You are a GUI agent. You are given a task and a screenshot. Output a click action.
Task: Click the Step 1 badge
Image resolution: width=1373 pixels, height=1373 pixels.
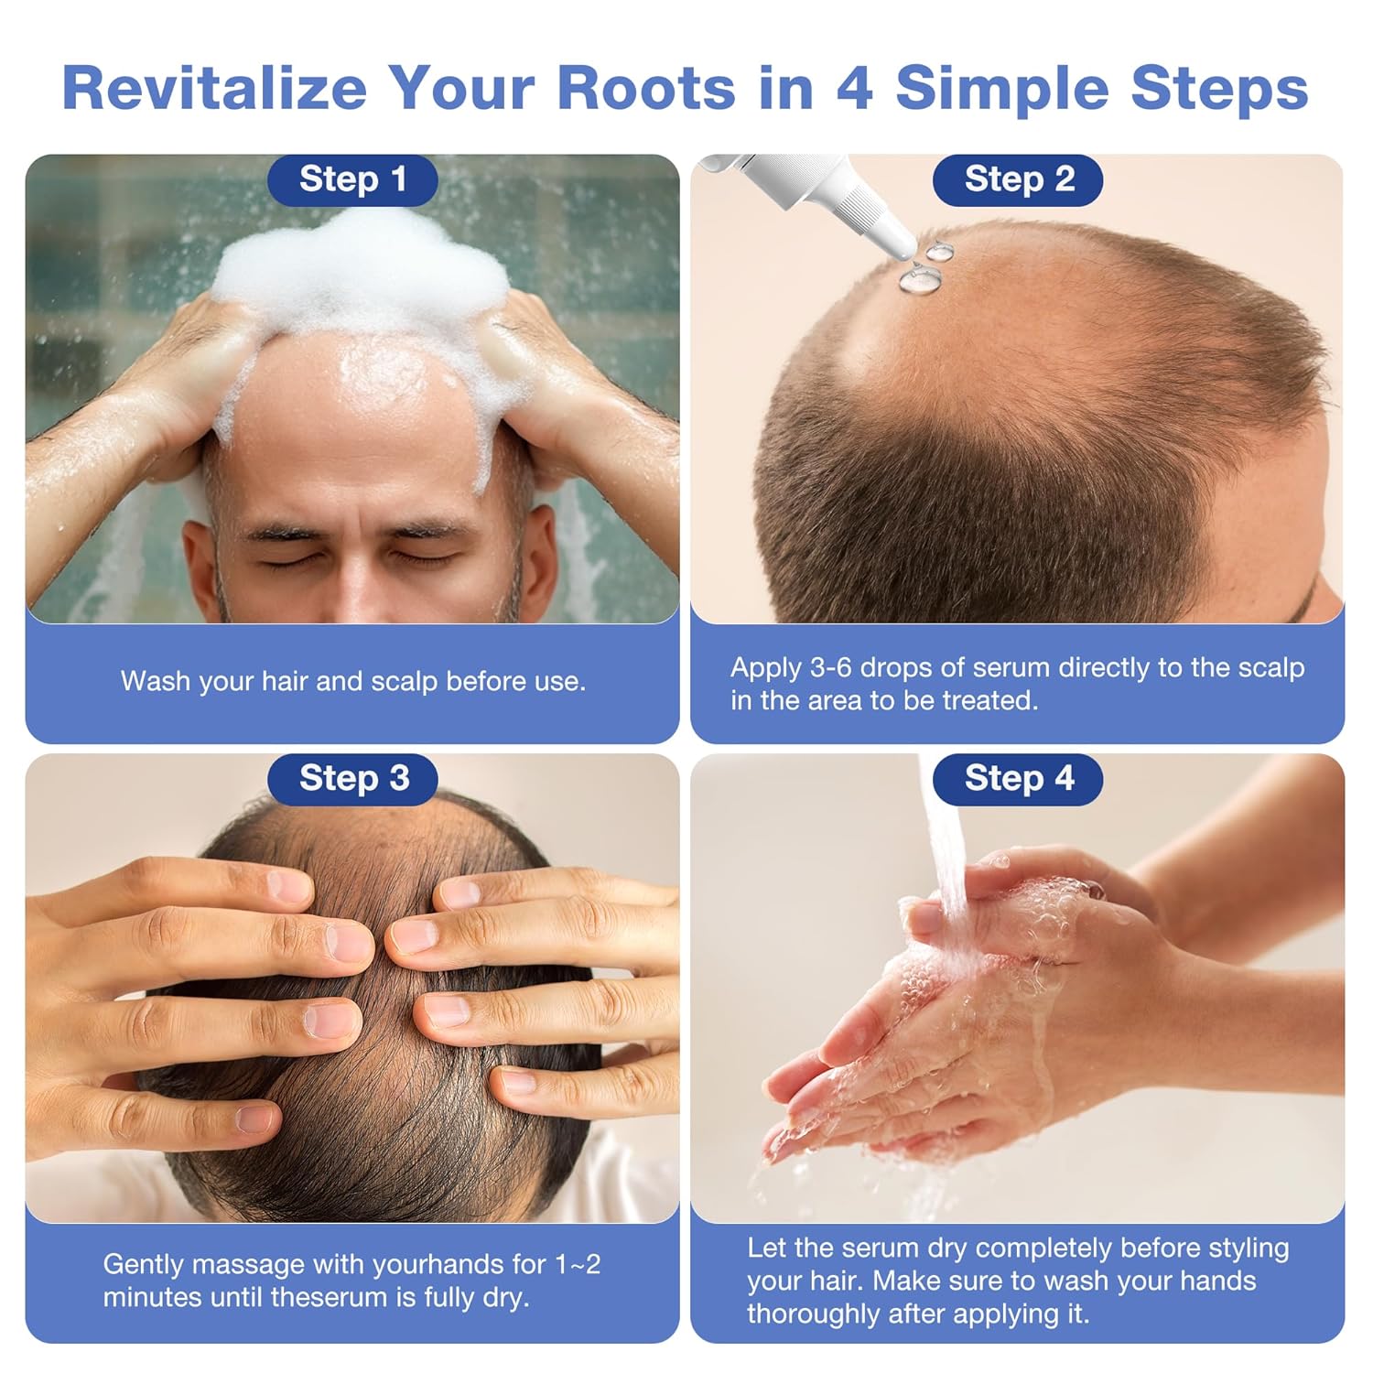pyautogui.click(x=352, y=179)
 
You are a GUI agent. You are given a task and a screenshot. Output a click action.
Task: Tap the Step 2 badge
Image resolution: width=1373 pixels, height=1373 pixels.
pyautogui.click(x=1018, y=179)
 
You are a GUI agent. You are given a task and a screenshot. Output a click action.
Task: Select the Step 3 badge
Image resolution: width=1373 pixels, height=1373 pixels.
pyautogui.click(x=352, y=779)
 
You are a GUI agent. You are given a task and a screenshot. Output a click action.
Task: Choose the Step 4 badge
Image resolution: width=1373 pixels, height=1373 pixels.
pyautogui.click(x=1018, y=779)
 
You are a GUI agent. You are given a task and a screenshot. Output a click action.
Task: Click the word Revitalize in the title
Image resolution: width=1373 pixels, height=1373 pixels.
pyautogui.click(x=215, y=88)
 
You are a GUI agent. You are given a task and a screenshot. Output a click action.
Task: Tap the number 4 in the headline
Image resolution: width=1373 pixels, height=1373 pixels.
pyautogui.click(x=854, y=88)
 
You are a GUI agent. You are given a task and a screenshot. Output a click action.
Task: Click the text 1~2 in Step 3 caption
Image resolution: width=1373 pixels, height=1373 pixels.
pyautogui.click(x=578, y=1265)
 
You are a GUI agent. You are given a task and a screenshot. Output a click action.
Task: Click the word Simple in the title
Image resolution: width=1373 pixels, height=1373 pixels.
pyautogui.click(x=1004, y=90)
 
